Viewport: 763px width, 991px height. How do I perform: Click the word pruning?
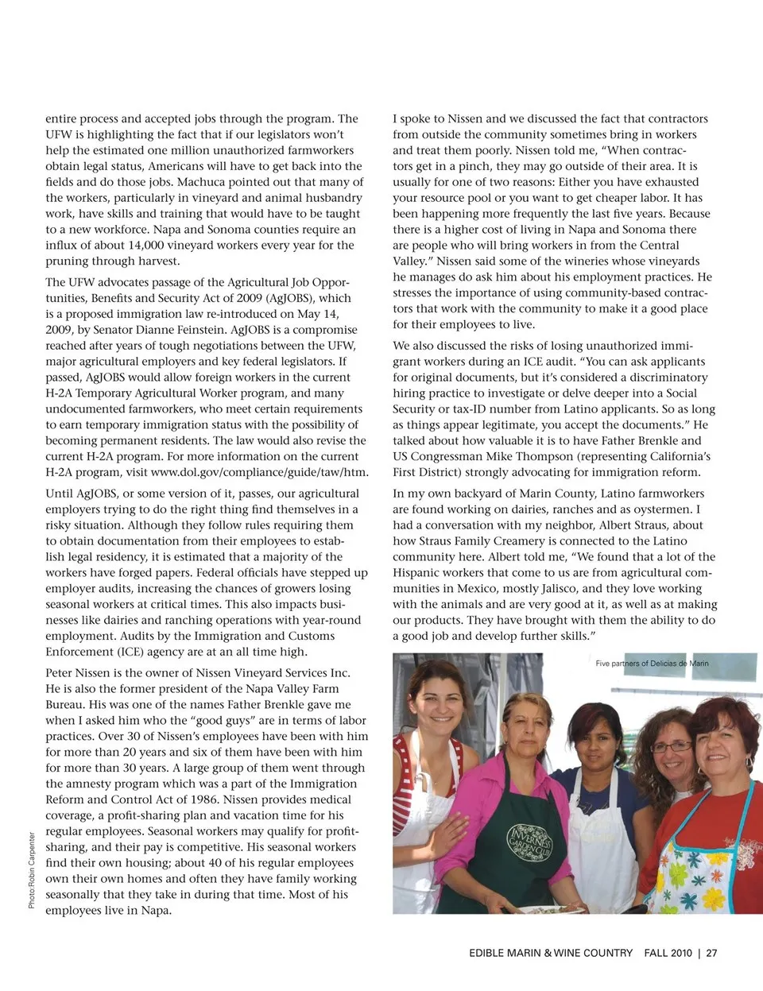tap(67, 261)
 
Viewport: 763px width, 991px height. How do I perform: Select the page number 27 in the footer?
tap(711, 952)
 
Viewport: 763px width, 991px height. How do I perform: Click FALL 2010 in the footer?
tap(668, 952)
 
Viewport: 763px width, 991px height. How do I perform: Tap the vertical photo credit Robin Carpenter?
tap(32, 870)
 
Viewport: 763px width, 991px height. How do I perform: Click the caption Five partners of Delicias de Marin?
tap(652, 664)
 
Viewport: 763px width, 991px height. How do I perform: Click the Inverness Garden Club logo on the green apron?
tap(529, 845)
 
